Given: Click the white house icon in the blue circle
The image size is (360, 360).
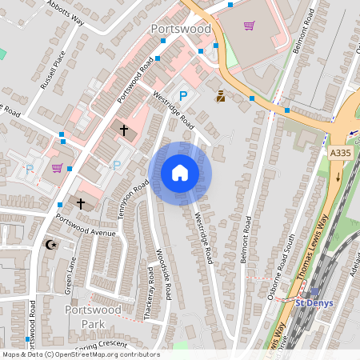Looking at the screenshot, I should pyautogui.click(x=180, y=173).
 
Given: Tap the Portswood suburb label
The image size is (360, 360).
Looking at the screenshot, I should pyautogui.click(x=181, y=29).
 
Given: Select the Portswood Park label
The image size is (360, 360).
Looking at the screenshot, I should pyautogui.click(x=94, y=316).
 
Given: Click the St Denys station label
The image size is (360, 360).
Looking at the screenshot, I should pyautogui.click(x=314, y=302).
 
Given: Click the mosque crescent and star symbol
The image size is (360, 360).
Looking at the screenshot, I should pyautogui.click(x=53, y=244).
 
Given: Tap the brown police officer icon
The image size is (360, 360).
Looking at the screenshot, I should pyautogui.click(x=220, y=96).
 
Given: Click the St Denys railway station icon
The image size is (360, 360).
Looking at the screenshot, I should pyautogui.click(x=314, y=292).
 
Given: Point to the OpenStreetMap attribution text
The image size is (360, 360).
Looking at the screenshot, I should pyautogui.click(x=80, y=354).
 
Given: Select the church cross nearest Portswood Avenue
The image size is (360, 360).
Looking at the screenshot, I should pyautogui.click(x=80, y=204).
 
